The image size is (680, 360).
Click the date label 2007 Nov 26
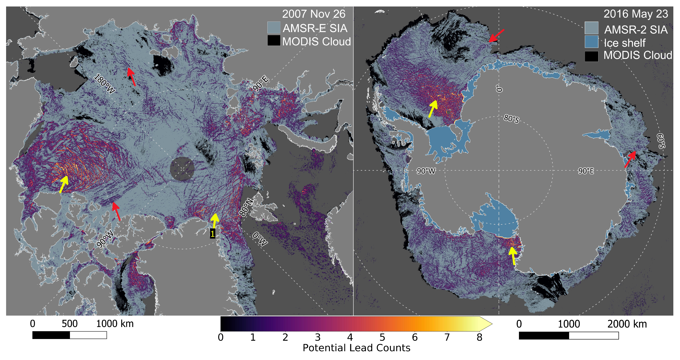pos(314,14)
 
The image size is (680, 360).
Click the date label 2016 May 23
pos(636,14)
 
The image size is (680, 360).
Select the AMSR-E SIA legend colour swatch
pos(274,28)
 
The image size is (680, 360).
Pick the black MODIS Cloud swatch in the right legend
pos(591,56)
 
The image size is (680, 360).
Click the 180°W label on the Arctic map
pos(104,84)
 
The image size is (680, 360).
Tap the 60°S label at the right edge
pos(661,141)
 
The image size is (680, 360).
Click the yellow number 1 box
pos(212,234)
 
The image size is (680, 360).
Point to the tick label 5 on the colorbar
pos(382,337)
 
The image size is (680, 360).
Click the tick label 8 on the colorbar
pos(479,337)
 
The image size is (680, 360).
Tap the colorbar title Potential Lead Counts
pos(356,348)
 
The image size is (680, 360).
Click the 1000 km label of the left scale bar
pos(115,324)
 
